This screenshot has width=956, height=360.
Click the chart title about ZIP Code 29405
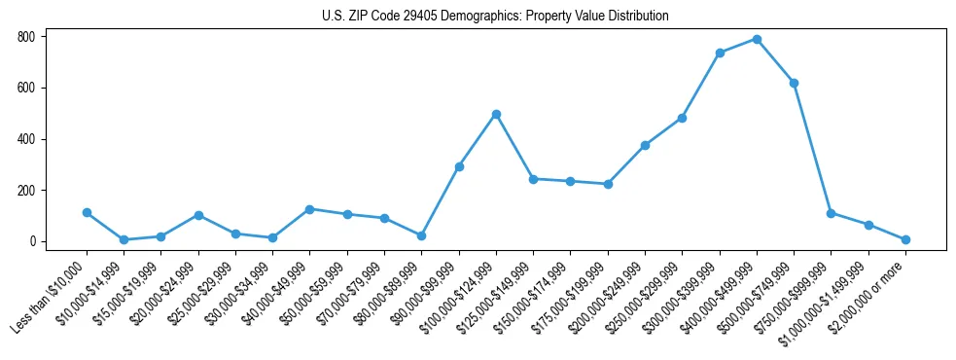(495, 17)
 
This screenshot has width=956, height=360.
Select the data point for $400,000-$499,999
(757, 39)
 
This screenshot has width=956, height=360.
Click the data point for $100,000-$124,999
(496, 114)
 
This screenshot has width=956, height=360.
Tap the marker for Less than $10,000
(87, 212)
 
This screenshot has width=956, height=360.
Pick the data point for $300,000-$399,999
(720, 53)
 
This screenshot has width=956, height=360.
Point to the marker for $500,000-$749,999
(794, 83)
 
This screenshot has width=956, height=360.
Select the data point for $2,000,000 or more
(905, 239)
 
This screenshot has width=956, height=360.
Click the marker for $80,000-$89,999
(421, 235)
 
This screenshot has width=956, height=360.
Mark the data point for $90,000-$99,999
(459, 166)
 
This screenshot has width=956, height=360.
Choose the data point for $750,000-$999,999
(831, 213)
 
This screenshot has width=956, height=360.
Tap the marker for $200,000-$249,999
(645, 145)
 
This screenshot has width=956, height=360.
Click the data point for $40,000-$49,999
(309, 209)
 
